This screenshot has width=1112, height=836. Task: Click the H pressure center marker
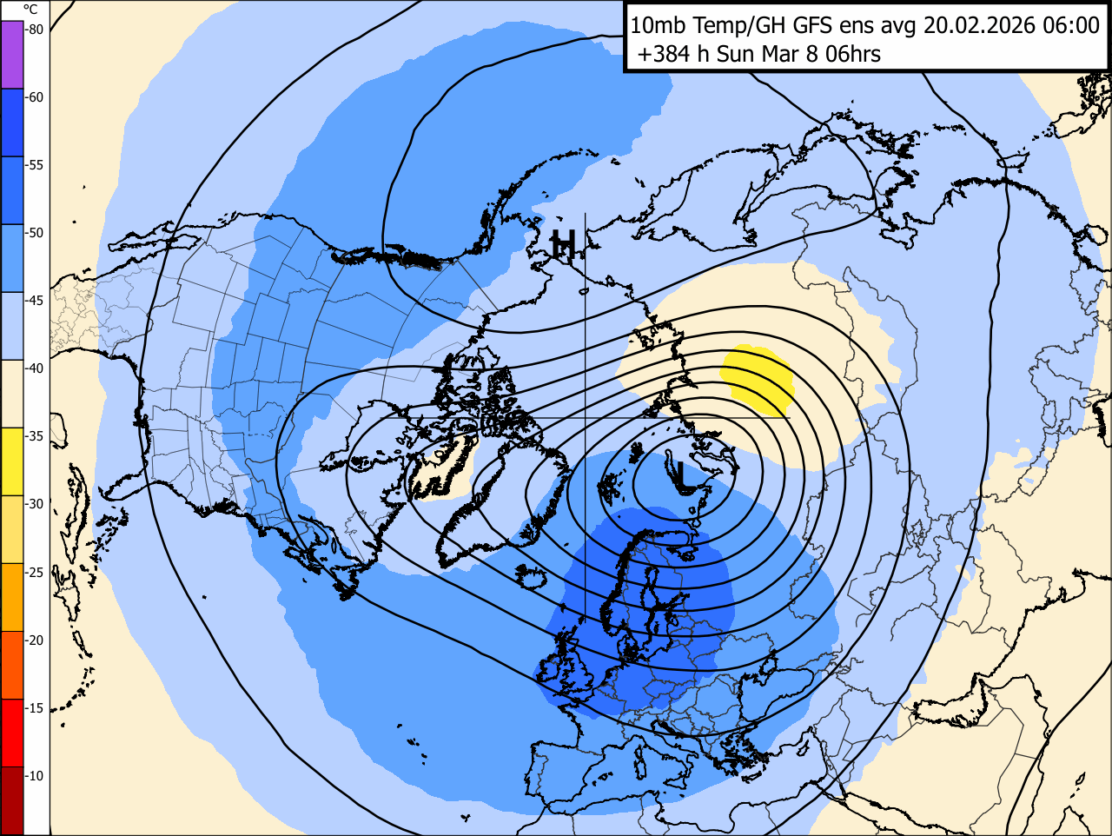pos(564,245)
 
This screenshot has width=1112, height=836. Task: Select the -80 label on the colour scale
pos(34,30)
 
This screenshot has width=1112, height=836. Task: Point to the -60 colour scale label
pos(34,97)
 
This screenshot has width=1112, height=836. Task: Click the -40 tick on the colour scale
pos(34,368)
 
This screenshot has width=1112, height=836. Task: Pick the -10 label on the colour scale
pos(34,776)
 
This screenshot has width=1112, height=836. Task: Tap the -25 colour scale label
pos(34,572)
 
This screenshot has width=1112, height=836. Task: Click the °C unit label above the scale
pos(30,10)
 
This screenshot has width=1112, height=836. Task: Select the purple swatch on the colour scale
pos(12,54)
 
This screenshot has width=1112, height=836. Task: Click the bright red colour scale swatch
pos(12,733)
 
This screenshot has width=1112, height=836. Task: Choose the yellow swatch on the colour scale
pos(12,461)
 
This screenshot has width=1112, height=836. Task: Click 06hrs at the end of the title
pos(852,54)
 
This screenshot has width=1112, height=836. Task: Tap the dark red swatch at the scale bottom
pos(12,800)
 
